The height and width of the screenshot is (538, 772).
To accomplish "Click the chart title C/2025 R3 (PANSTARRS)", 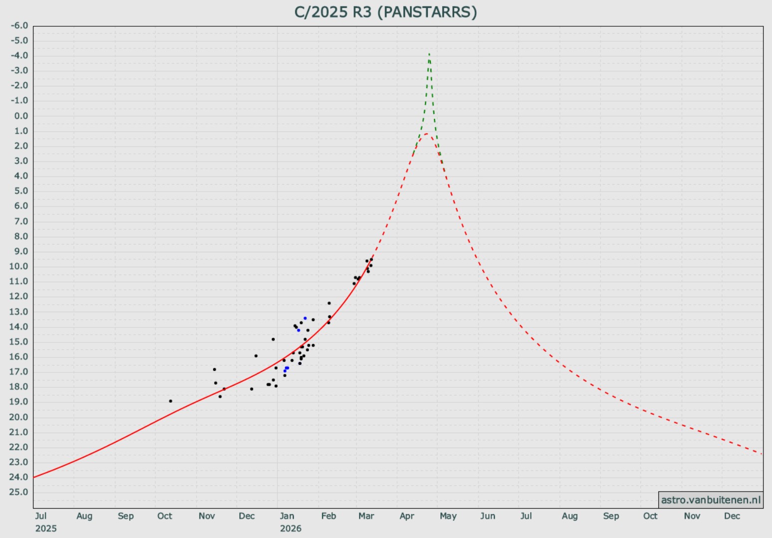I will (x=386, y=12).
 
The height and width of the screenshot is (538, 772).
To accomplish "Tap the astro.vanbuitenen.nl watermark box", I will (x=711, y=500).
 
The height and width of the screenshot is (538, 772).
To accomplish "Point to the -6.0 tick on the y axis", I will (x=19, y=25).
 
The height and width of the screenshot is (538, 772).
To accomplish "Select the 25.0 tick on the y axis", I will (x=19, y=492).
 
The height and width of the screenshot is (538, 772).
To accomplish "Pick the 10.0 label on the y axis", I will (x=19, y=266).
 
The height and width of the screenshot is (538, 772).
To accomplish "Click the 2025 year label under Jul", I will (x=46, y=528).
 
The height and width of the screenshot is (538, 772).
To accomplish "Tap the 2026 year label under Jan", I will (x=291, y=528).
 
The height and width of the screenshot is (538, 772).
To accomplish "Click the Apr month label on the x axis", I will (x=407, y=516).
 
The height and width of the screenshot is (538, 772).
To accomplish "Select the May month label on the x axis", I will (x=448, y=516).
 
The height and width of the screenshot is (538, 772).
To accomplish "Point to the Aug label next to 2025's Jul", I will (x=84, y=516).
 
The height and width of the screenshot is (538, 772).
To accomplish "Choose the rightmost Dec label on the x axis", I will (x=732, y=516).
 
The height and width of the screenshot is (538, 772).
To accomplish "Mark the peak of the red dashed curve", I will (x=427, y=134).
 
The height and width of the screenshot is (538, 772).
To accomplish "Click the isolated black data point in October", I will (x=171, y=401).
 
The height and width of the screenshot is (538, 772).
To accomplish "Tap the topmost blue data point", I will (x=305, y=318).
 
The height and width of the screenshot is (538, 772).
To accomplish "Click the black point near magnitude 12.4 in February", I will (x=329, y=303).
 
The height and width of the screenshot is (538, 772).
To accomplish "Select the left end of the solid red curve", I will (x=34, y=477).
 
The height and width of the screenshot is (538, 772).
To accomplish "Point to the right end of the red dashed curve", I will (x=762, y=454).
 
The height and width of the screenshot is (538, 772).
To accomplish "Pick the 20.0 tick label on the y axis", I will (x=19, y=417).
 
